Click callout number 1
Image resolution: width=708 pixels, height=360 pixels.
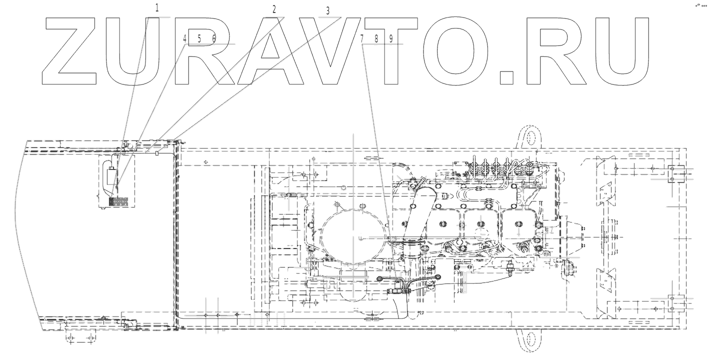point(157,8)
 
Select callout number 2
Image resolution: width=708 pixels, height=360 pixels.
point(274,9)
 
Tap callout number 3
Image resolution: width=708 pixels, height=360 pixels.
point(327,10)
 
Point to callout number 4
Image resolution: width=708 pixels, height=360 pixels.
point(184,38)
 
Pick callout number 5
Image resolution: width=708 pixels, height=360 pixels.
point(199,38)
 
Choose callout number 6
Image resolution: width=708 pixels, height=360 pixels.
point(213,38)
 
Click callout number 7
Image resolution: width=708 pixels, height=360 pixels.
point(362,38)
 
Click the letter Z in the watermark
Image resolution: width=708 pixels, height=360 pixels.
point(72,50)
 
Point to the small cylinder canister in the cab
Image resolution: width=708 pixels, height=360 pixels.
point(113,176)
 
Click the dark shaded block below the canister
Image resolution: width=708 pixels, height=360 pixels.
point(118,201)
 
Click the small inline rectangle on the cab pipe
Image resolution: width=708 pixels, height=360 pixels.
point(157,153)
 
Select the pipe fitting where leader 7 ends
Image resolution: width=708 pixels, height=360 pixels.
point(396,289)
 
